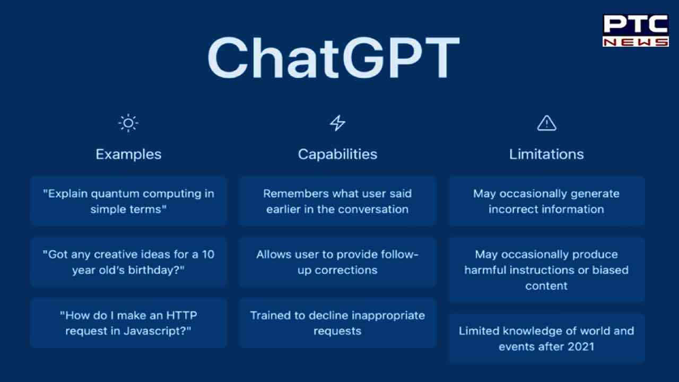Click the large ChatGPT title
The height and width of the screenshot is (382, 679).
pyautogui.click(x=334, y=58)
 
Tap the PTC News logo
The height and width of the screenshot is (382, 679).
pyautogui.click(x=636, y=30)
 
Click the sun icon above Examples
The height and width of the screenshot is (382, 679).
pyautogui.click(x=128, y=123)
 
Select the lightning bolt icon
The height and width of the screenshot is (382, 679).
pyautogui.click(x=337, y=123)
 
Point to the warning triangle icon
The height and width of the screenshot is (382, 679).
pyautogui.click(x=546, y=123)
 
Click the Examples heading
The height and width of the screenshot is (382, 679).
pyautogui.click(x=128, y=154)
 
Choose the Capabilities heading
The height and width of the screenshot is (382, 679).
pyautogui.click(x=337, y=154)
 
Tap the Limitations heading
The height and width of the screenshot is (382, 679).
pyautogui.click(x=546, y=154)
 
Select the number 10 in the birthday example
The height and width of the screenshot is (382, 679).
pyautogui.click(x=208, y=254)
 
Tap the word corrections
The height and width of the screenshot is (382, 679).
pyautogui.click(x=346, y=270)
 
